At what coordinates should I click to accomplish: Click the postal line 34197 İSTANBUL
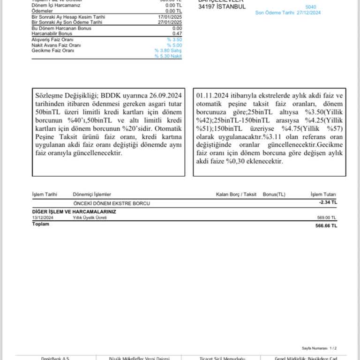click(x=222, y=7)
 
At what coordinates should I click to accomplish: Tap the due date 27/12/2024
click(x=309, y=13)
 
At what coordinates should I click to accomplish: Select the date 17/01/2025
click(x=170, y=17)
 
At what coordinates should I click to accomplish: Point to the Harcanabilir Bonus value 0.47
click(x=177, y=34)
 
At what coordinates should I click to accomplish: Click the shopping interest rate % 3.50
click(x=174, y=40)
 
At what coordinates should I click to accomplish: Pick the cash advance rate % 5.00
click(x=174, y=45)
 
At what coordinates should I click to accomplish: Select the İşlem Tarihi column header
click(x=45, y=194)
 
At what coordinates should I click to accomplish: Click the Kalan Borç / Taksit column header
click(x=236, y=194)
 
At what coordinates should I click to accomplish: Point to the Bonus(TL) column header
click(x=274, y=194)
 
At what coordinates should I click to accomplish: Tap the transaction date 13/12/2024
click(x=43, y=217)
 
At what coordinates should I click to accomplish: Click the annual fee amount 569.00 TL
click(x=327, y=217)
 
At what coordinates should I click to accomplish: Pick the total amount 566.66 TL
click(x=326, y=225)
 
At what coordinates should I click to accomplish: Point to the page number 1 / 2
click(x=332, y=348)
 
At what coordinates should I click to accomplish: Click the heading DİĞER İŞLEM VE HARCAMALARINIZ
click(x=74, y=212)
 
